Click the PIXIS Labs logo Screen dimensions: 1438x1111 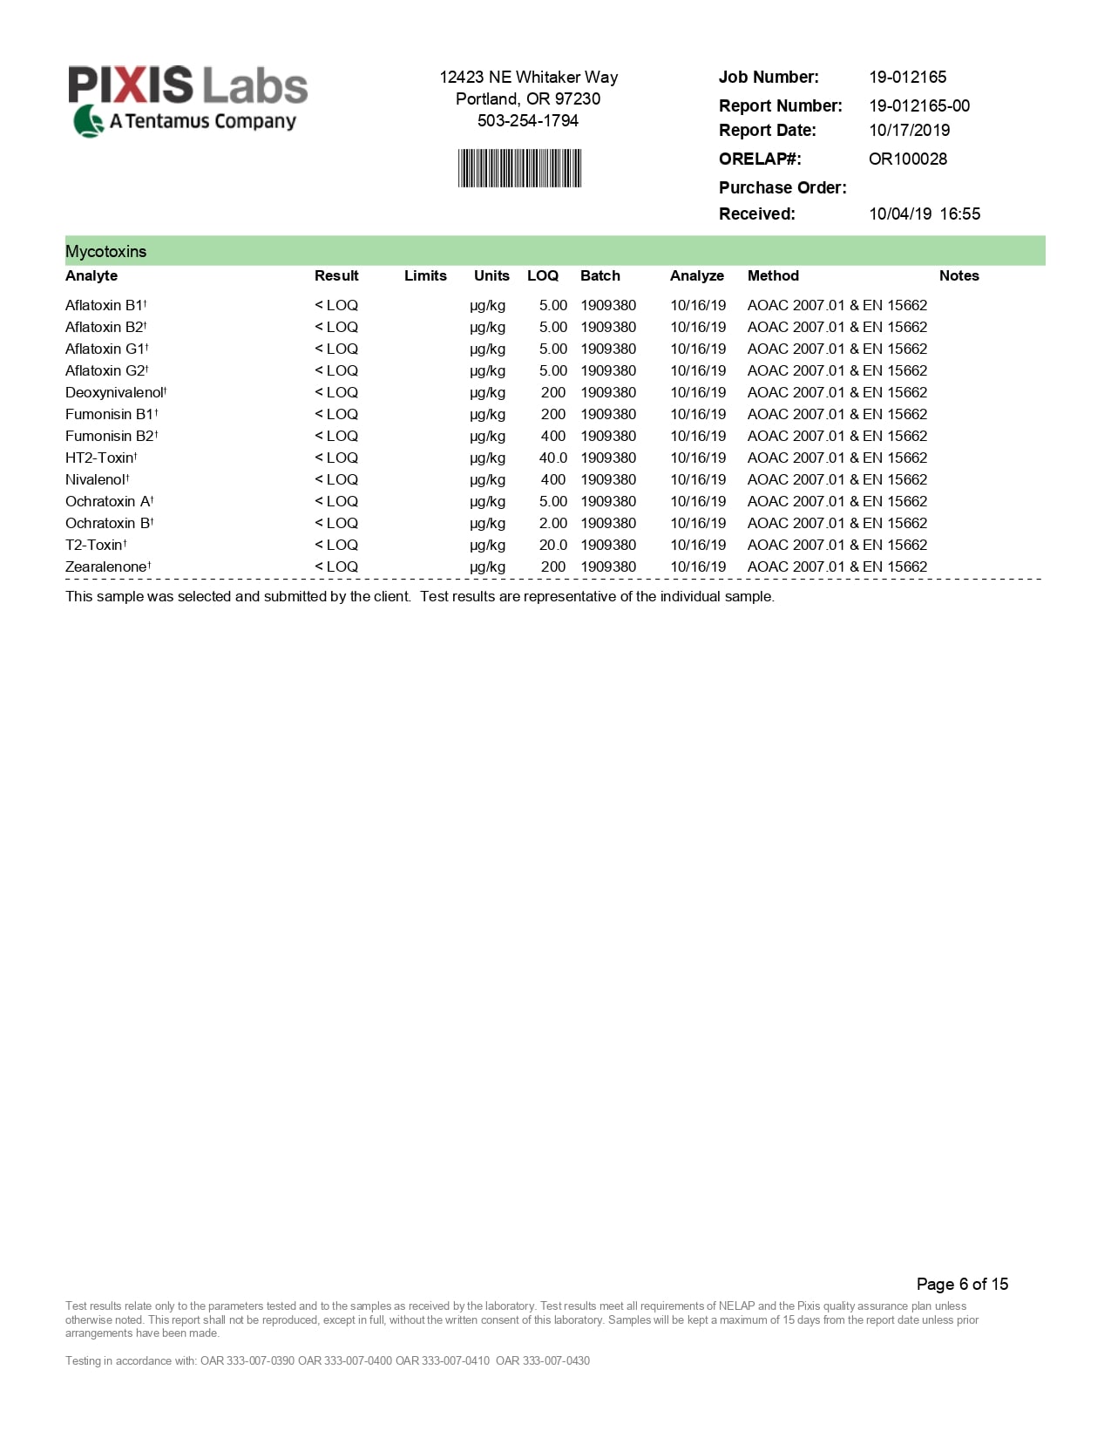[188, 100]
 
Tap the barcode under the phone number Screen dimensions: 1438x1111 [519, 168]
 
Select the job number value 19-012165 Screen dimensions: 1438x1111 [907, 77]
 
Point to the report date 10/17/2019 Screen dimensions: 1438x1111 [909, 130]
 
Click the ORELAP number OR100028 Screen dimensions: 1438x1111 [907, 159]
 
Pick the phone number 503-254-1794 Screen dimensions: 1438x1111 [528, 120]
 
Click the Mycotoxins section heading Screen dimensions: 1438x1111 [106, 251]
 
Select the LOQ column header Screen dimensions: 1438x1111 [542, 275]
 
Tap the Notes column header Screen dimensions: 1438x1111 [959, 275]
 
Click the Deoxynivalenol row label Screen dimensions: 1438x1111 [115, 392]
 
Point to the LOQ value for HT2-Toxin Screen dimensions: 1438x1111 [552, 458]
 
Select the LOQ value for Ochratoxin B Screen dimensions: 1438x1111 [552, 523]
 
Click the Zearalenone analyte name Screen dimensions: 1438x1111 [106, 566]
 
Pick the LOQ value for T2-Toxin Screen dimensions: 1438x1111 [552, 545]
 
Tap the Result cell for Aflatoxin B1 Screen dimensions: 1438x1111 [336, 305]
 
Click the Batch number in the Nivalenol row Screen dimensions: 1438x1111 [608, 479]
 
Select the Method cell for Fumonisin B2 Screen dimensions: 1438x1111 [837, 436]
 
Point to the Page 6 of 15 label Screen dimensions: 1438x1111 [962, 1284]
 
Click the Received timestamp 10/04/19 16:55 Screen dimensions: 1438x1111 [924, 214]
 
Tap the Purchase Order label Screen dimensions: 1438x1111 [782, 187]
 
